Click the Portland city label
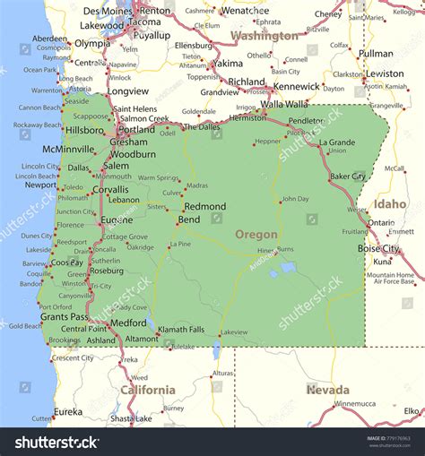coord(135,129)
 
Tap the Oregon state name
coord(256,234)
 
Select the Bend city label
coord(189,219)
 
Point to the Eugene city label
coord(117,219)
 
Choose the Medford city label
coord(128,323)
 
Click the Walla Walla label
coord(284,104)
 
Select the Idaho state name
coord(390,204)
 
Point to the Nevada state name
coord(327,390)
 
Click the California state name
coord(148,390)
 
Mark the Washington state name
coord(265,37)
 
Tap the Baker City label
coord(348,176)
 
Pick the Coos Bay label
coord(67,262)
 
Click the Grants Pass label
coord(65,316)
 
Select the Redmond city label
coord(204,206)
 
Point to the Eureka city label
coord(67,412)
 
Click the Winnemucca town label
coord(355,404)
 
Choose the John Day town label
coord(295,199)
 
